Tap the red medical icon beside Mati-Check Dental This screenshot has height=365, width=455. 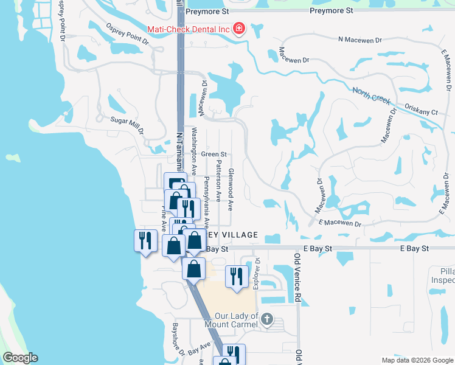coord(238,29)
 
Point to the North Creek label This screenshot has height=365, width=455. coord(372,97)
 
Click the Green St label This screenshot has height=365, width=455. coord(214,155)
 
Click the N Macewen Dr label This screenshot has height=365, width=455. coord(359,40)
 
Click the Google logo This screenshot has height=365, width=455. coord(19,358)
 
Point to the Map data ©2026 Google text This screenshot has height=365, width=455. coord(417,360)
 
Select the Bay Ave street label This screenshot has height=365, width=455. coord(198,349)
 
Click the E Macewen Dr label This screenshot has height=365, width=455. coord(339,224)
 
